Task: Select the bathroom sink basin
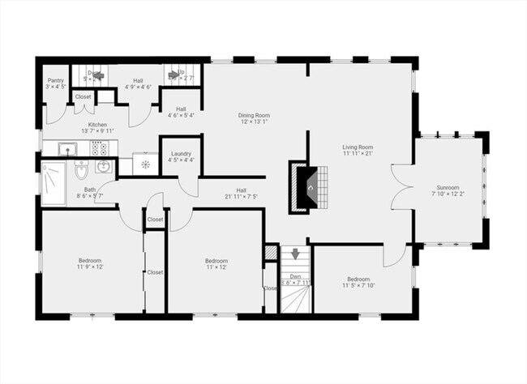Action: pyautogui.click(x=104, y=167)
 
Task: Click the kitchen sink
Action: pyautogui.click(x=66, y=147)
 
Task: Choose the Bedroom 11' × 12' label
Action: pyautogui.click(x=215, y=262)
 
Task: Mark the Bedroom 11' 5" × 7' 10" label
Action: pyautogui.click(x=358, y=282)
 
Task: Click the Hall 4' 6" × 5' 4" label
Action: pyautogui.click(x=181, y=113)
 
